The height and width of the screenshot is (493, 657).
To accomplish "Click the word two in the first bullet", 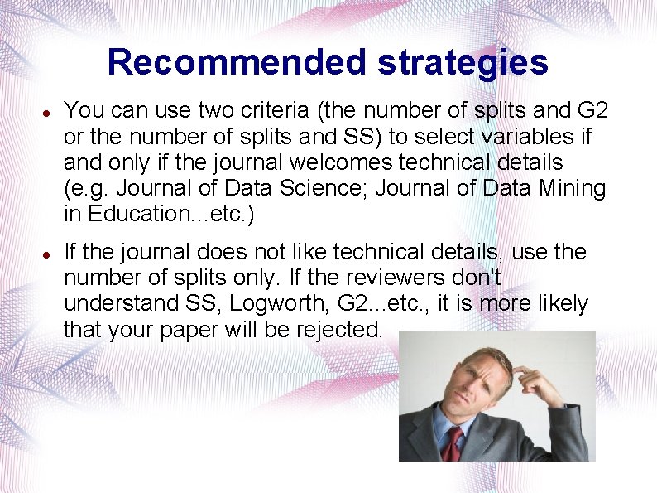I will pyautogui.click(x=175, y=110).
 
